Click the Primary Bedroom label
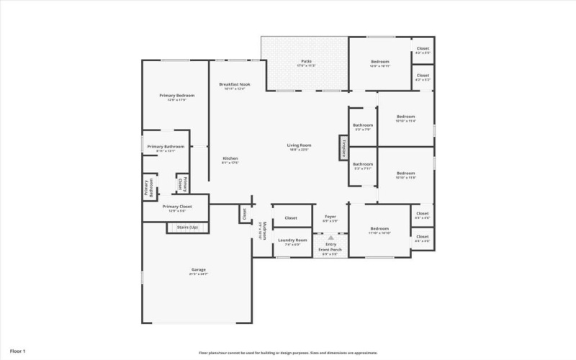tap(176, 96)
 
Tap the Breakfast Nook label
tap(234, 85)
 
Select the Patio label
tap(306, 62)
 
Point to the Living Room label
tap(299, 145)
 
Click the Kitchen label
tap(230, 158)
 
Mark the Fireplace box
tap(344, 148)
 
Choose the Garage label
tap(198, 270)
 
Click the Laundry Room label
tap(292, 240)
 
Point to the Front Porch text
tap(330, 250)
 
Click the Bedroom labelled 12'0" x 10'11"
tap(379, 62)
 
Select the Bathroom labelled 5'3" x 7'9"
tap(362, 125)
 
